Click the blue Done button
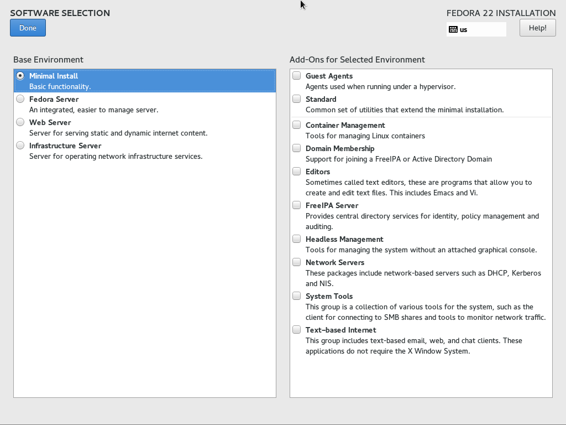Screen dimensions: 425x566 (28, 28)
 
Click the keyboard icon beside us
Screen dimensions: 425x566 (453, 29)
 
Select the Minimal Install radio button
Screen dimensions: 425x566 (20, 76)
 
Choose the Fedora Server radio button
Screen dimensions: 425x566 (20, 99)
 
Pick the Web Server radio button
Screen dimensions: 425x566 (20, 122)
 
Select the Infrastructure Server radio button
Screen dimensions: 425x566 (20, 146)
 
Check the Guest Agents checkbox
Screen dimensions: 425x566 (297, 76)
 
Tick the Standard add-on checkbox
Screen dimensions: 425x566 (297, 99)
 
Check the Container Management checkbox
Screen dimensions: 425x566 (297, 125)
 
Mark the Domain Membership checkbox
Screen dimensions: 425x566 (297, 148)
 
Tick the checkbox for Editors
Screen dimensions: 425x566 (297, 172)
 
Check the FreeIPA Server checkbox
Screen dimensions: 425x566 (297, 205)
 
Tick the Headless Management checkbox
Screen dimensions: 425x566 (297, 239)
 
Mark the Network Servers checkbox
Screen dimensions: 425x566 (297, 262)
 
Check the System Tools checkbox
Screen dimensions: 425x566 (297, 296)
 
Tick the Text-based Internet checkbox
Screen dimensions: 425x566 (297, 330)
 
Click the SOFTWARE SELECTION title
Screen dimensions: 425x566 (60, 13)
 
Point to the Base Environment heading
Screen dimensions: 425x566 (48, 60)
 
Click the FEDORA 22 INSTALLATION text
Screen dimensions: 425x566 (501, 13)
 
